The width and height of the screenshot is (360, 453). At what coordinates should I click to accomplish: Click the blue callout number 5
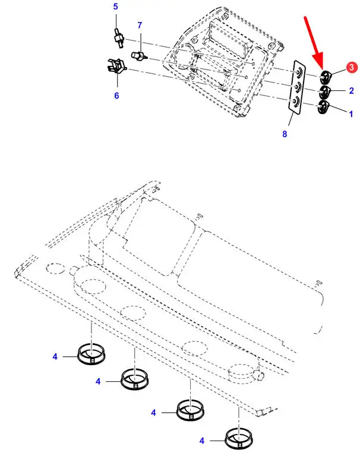pos(116,7)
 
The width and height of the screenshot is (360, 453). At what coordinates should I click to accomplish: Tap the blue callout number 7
pos(140,26)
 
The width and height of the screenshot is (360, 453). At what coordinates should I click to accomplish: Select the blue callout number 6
pos(116,96)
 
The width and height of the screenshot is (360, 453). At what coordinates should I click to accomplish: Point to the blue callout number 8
pos(285,134)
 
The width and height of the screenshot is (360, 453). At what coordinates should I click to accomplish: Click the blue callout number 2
pos(351,91)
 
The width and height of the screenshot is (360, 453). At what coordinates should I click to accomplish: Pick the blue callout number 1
pos(351,114)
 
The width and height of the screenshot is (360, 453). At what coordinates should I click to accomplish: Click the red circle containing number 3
pos(351,67)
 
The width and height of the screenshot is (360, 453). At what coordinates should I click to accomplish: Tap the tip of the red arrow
pos(321,68)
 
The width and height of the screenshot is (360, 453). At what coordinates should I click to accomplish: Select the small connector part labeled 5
pos(118,38)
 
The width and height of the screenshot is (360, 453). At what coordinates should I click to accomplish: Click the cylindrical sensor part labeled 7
pos(138,56)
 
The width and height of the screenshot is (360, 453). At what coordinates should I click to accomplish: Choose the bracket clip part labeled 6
pos(116,67)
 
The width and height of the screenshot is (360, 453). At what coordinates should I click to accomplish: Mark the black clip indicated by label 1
pos(323,107)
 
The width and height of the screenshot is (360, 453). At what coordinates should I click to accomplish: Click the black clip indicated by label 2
pos(324,92)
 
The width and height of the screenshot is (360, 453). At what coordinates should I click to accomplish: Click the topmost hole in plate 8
pos(299,72)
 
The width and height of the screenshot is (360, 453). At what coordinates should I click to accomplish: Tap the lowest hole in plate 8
pos(296,102)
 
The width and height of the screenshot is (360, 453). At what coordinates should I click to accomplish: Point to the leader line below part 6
pos(118,80)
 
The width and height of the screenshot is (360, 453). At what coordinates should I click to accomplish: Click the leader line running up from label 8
pos(291,120)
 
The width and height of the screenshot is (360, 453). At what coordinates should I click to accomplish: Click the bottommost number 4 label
pos(202,441)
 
